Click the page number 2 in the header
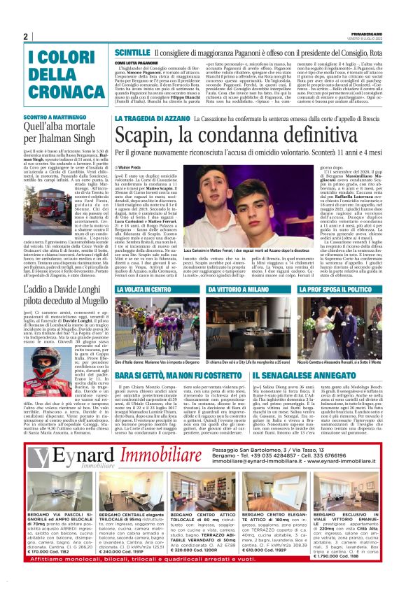pyautogui.click(x=25, y=37)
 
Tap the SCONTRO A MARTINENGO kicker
pyautogui.click(x=50, y=115)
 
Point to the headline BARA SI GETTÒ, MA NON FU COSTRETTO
pyautogui.click(x=178, y=375)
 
